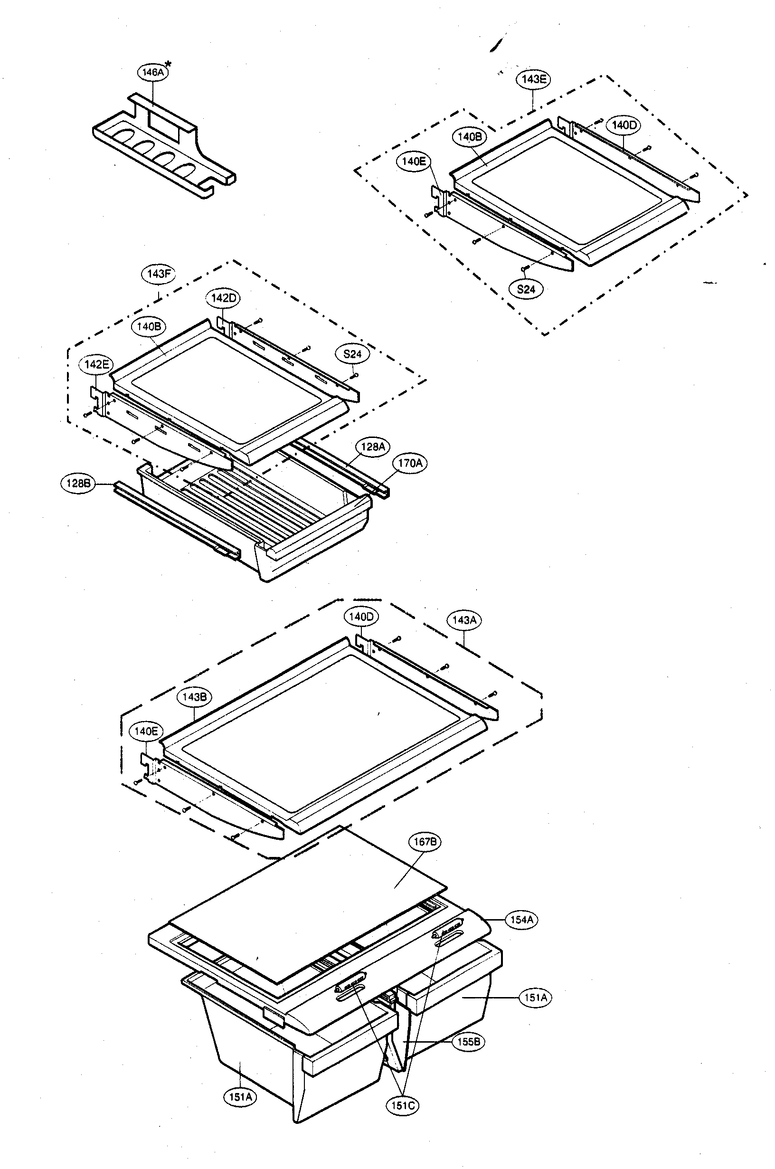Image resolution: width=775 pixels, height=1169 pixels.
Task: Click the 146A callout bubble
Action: pos(152,72)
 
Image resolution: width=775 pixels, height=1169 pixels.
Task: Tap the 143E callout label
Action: pos(534,80)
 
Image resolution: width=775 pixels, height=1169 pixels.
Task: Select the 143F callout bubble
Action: pos(159,273)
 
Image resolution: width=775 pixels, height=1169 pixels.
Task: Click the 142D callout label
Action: pos(223,298)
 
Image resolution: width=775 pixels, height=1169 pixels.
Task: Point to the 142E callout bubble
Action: pos(96,365)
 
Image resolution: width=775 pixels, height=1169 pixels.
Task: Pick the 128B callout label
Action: pos(77,483)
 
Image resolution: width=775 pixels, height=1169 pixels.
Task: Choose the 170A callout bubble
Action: pos(410,463)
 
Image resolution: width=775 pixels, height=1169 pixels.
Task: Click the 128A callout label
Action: pos(373,447)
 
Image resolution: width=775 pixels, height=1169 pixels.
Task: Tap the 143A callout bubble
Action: pos(464,620)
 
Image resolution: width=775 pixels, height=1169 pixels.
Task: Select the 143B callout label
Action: pos(194,697)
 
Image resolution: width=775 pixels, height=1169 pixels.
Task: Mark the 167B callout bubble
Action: pos(425,842)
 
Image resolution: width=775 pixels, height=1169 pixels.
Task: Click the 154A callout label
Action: pos(521,920)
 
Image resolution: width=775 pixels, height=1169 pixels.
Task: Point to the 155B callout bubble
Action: pos(469,1042)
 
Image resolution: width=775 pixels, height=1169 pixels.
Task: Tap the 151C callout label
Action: pos(402,1105)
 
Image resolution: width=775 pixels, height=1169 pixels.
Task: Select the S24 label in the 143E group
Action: pos(526,289)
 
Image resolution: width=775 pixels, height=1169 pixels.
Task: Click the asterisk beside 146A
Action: pos(169,64)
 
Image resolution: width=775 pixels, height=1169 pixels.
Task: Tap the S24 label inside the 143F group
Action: pos(352,354)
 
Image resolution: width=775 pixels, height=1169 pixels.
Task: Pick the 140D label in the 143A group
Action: pos(361,617)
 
